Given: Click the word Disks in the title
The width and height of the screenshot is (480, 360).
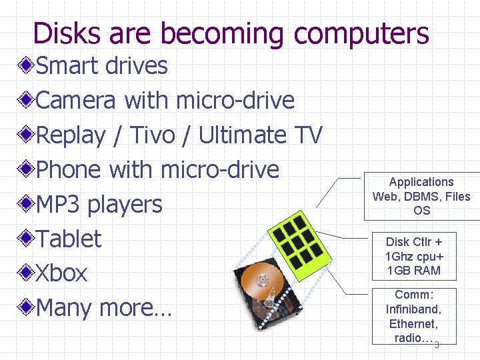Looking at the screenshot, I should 63,33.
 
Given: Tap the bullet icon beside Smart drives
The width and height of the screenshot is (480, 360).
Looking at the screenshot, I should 25,66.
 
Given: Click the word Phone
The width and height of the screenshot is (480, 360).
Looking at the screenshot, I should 69,170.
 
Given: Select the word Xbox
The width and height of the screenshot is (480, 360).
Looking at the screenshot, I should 61,273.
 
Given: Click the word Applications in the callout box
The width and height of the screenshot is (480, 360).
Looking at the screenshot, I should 421,182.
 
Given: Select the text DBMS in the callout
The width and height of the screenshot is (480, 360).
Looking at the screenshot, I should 420,197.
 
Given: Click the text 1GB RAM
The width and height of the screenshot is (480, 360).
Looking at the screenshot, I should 413,271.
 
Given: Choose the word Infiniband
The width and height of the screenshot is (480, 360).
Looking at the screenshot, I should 413,309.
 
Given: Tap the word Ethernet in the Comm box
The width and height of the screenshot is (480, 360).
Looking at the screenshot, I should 413,324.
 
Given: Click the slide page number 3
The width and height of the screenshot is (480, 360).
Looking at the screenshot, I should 437,345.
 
